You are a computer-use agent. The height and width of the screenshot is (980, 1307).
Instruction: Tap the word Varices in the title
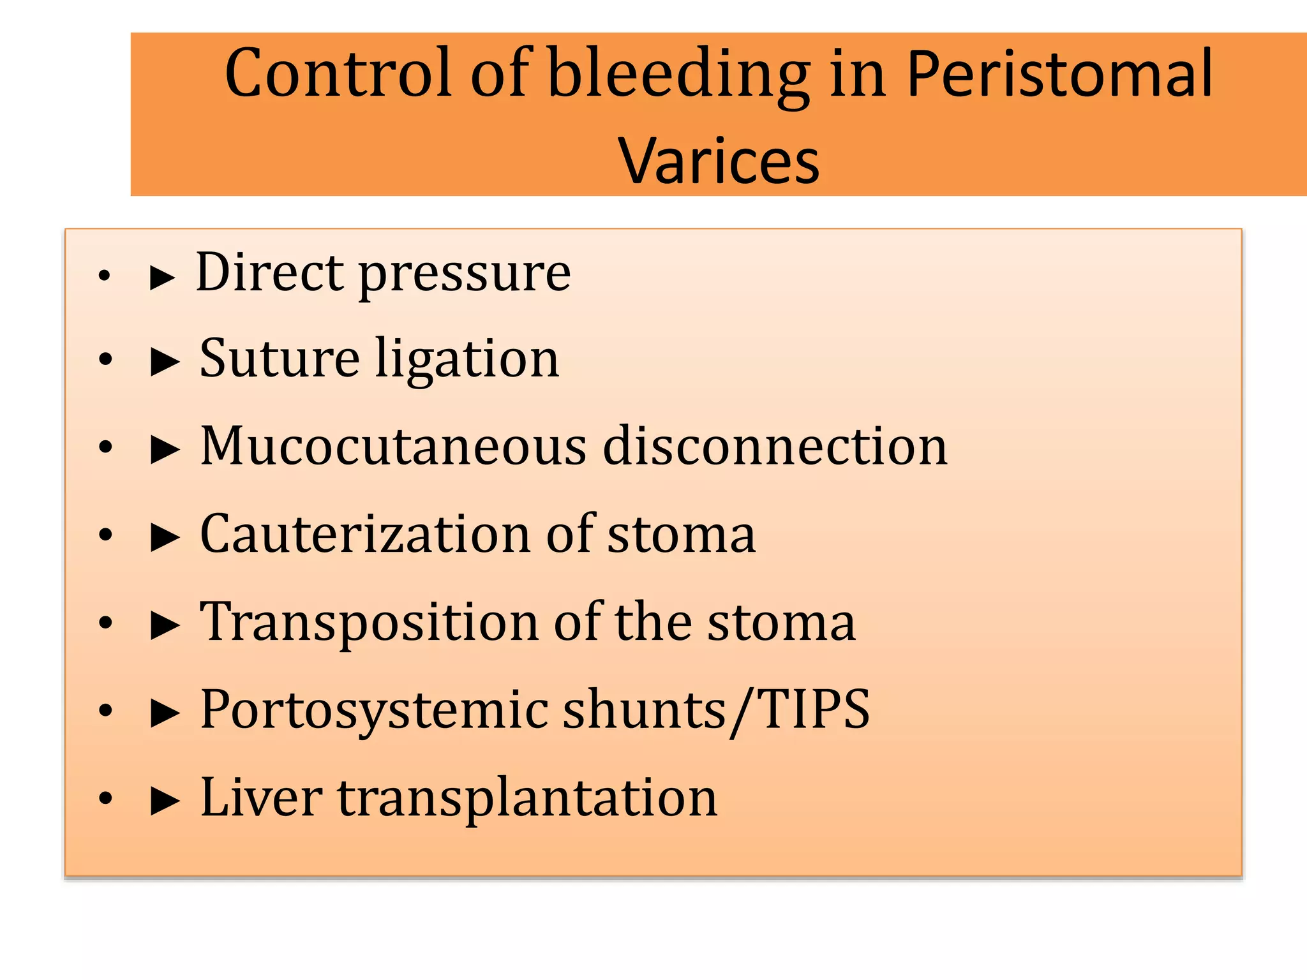(x=719, y=161)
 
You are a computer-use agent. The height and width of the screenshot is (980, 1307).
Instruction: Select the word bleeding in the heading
(x=679, y=74)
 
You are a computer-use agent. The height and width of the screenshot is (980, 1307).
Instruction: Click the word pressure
(x=465, y=276)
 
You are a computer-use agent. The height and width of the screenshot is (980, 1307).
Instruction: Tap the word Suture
(x=280, y=359)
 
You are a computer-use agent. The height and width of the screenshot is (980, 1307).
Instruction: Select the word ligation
(x=467, y=361)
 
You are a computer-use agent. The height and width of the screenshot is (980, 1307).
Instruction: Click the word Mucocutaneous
(x=393, y=446)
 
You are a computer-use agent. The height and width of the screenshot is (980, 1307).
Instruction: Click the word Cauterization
(x=364, y=534)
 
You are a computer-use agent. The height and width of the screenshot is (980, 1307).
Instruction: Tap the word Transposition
(x=369, y=623)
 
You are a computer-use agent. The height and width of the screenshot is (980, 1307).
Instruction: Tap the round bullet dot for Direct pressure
(x=105, y=276)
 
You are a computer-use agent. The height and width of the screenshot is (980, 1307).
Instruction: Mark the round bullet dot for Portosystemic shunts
(x=105, y=711)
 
